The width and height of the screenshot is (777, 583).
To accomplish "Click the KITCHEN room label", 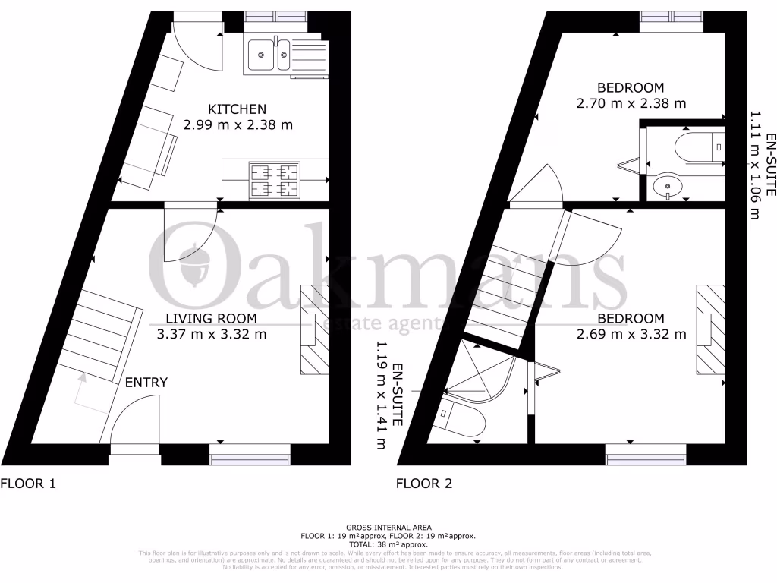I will [x=238, y=109].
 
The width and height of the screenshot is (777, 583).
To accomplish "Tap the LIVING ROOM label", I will [x=212, y=318].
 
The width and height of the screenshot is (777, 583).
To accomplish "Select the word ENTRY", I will [x=146, y=383].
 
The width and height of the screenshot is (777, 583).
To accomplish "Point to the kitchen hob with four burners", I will [x=275, y=181].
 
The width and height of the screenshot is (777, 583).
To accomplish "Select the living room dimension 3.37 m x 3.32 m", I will [x=212, y=334].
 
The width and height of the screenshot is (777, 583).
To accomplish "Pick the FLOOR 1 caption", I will [x=28, y=483].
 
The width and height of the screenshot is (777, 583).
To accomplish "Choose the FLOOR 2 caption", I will [x=425, y=483].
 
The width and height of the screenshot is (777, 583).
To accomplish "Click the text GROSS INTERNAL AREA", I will [x=388, y=527].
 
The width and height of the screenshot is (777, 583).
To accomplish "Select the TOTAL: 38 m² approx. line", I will [x=388, y=544].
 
